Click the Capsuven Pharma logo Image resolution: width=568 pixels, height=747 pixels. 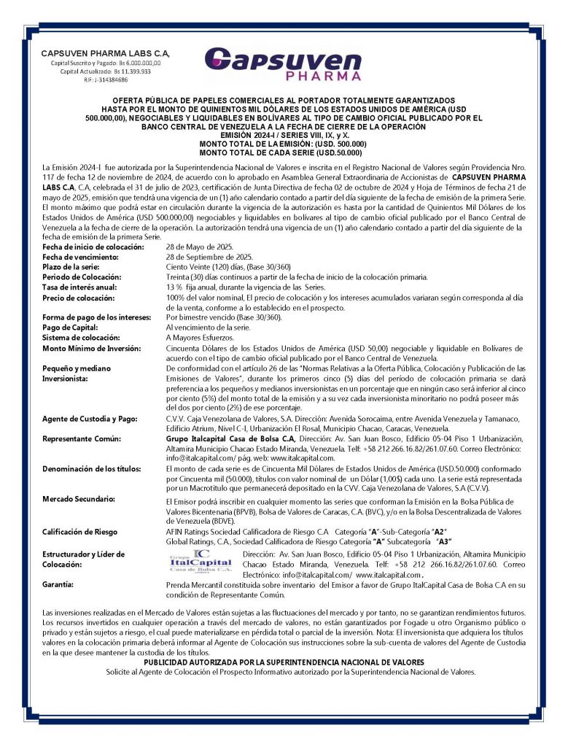click(282, 63)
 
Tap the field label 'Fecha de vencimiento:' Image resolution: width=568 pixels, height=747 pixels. click(80, 258)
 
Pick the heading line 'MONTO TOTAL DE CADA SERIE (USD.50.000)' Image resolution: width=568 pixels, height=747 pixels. click(283, 152)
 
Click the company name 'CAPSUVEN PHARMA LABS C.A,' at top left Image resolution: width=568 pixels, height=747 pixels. click(105, 53)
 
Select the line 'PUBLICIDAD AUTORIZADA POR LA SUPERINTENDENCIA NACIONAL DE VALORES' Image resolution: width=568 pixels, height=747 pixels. click(284, 662)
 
